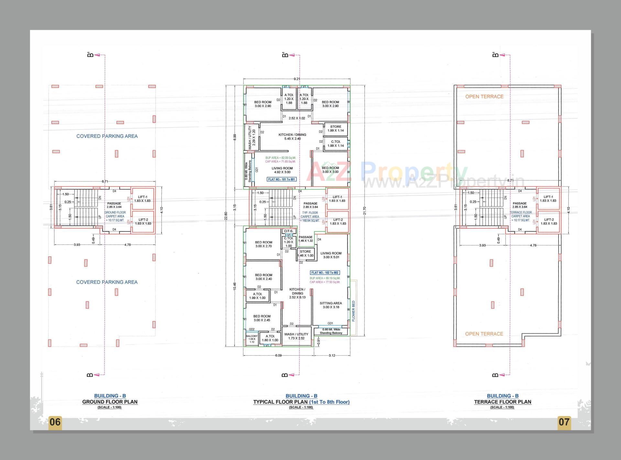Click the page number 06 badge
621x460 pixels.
click(55, 422)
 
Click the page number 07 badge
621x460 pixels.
click(564, 422)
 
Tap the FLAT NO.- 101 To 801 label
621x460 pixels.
click(282, 179)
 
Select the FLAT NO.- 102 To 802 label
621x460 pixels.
click(325, 273)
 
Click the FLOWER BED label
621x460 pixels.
click(354, 311)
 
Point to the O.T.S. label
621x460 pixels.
click(288, 231)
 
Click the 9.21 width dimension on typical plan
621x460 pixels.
click(297, 79)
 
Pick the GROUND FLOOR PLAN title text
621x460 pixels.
click(110, 402)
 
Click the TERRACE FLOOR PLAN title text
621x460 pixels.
click(503, 402)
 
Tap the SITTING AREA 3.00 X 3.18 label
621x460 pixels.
click(331, 305)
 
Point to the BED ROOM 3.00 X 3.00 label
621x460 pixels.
click(331, 170)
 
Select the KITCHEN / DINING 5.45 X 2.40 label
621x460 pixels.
click(292, 137)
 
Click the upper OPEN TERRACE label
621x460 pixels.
click(484, 97)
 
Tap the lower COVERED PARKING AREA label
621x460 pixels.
click(107, 282)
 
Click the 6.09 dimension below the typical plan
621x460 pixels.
click(278, 356)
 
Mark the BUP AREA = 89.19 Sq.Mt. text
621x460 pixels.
click(325, 278)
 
